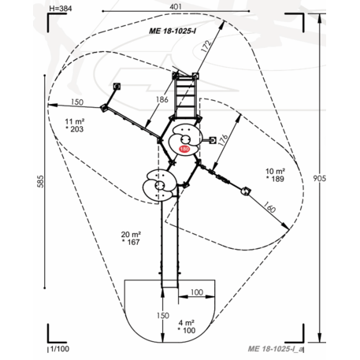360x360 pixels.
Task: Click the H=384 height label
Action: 61,9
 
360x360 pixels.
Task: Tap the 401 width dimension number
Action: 176,6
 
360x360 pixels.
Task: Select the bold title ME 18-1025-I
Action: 173,31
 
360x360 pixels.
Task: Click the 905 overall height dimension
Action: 319,178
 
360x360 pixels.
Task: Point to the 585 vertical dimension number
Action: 40,181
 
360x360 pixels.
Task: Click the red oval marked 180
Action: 184,149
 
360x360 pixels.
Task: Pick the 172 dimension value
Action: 206,46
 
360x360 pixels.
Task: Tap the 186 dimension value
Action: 162,99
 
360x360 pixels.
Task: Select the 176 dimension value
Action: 223,140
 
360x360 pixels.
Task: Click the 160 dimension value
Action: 269,207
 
